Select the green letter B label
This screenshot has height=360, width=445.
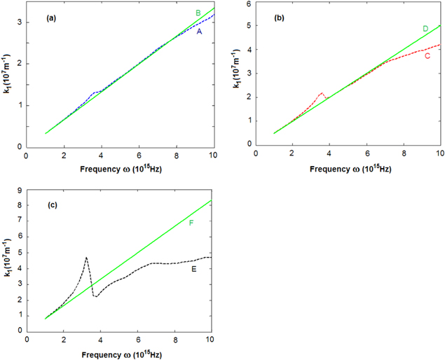[x=198, y=13]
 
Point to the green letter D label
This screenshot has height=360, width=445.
[x=425, y=29]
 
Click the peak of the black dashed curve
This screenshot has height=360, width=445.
[x=86, y=258]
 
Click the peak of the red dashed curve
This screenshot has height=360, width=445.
[x=321, y=93]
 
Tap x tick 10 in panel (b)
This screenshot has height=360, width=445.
[x=439, y=153]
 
